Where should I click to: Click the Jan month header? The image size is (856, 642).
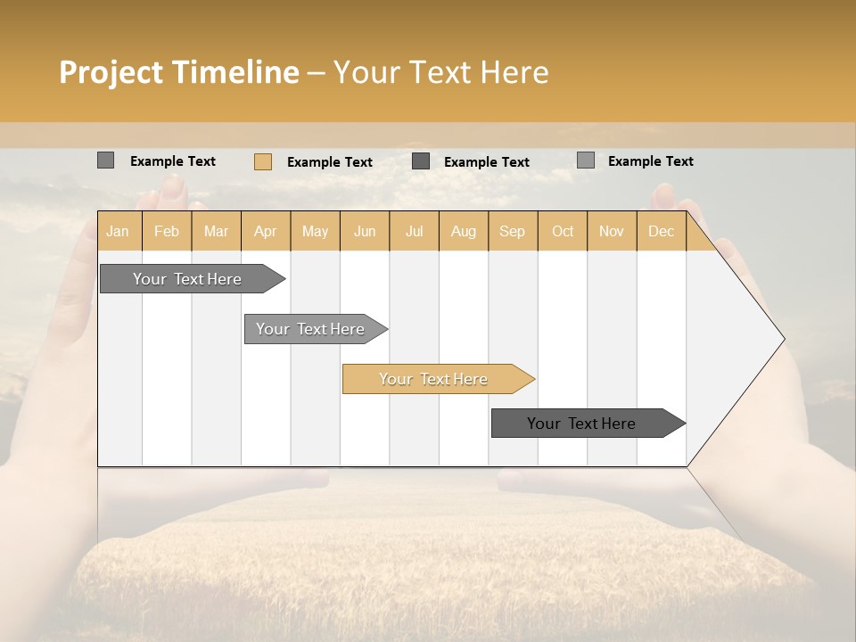tap(119, 231)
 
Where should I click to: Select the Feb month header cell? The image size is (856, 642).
tap(167, 231)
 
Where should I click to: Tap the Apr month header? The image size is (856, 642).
tap(266, 231)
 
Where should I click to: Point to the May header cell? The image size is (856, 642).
tap(315, 231)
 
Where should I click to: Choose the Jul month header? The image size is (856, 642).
tap(414, 231)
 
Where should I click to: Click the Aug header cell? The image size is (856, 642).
tap(464, 231)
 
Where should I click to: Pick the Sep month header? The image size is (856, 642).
tap(513, 231)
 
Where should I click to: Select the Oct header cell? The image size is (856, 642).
tap(563, 231)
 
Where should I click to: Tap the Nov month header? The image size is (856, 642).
tap(612, 231)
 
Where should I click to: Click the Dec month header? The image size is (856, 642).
tap(661, 231)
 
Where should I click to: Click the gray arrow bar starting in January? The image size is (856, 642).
tap(188, 279)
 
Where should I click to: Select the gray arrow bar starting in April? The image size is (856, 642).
tap(311, 329)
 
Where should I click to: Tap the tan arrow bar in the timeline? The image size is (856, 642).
tap(434, 379)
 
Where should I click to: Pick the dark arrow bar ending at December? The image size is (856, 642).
tap(582, 424)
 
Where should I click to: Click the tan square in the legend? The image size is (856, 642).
tap(262, 161)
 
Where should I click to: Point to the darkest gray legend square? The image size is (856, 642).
tap(421, 160)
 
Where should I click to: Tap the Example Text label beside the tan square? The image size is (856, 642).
tap(330, 162)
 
